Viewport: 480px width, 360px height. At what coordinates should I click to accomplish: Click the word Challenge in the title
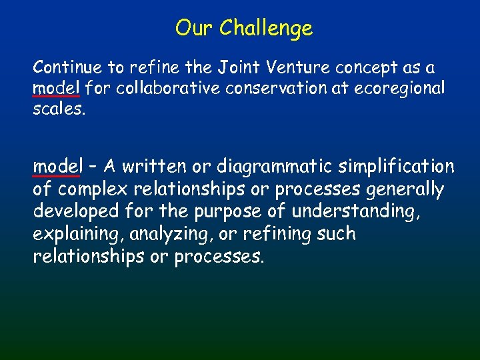(265, 28)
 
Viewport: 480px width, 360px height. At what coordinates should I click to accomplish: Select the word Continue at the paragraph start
(63, 67)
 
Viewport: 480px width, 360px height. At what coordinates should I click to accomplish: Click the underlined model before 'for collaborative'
(56, 88)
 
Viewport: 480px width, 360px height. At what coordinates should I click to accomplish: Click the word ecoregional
(403, 88)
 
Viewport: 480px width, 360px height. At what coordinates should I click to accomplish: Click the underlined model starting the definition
(56, 166)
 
